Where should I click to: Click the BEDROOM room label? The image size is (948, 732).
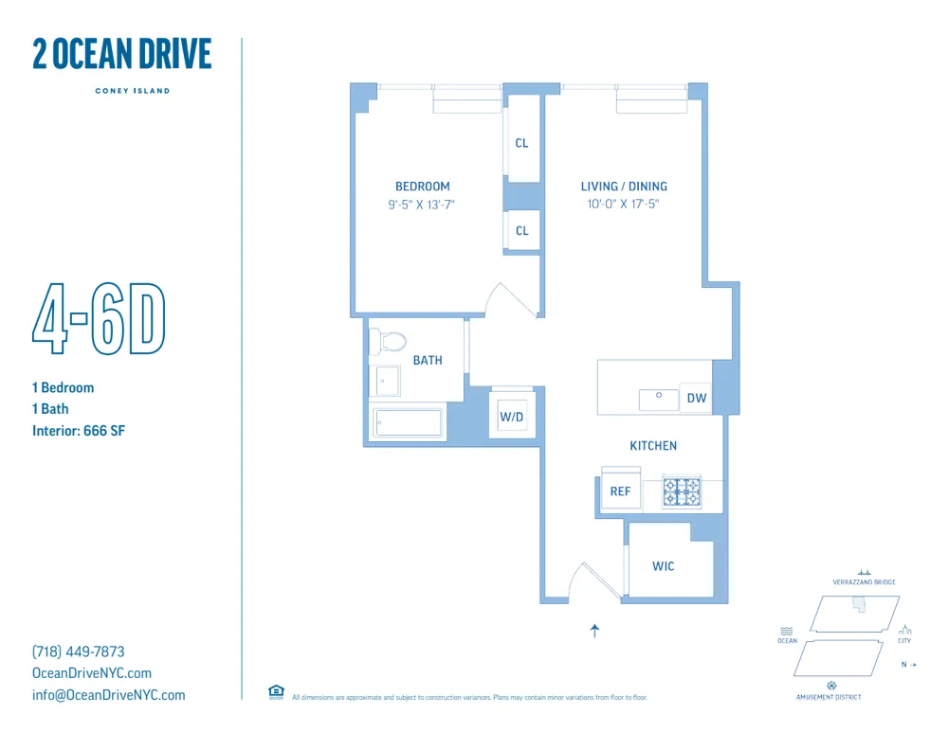pos(422,187)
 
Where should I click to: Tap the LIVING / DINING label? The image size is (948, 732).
pos(624,187)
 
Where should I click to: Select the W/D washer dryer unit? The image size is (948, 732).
pos(512,415)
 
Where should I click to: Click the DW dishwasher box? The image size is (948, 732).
pos(697,399)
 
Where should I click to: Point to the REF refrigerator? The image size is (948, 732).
pos(620,491)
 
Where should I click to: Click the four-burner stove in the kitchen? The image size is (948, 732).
pos(682,491)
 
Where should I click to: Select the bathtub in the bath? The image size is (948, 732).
pos(408,423)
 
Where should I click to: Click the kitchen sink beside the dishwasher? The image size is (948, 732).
pos(658,400)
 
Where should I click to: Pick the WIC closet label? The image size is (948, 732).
pos(664,566)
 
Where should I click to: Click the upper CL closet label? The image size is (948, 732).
pos(521,144)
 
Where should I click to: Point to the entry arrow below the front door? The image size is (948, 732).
pos(595,632)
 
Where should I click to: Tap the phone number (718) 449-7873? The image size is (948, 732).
pos(79,652)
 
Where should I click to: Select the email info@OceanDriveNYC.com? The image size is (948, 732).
pos(109,695)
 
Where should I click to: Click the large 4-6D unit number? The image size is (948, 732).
pos(100,320)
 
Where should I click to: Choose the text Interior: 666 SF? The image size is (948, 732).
pos(79,431)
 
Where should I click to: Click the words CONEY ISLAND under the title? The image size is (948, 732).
pos(132,91)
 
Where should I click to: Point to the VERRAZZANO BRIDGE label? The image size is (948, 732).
pos(864,582)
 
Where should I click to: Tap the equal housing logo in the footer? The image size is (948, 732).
pos(277,691)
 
